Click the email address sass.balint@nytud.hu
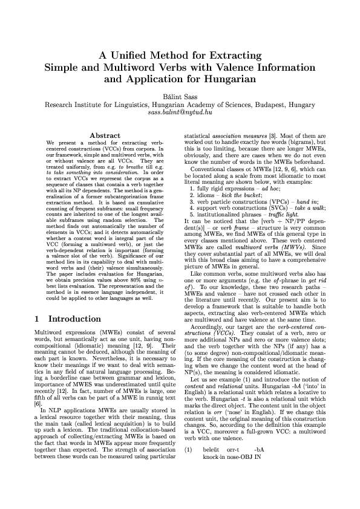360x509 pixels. pos(180,112)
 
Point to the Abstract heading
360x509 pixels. pos(105,135)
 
